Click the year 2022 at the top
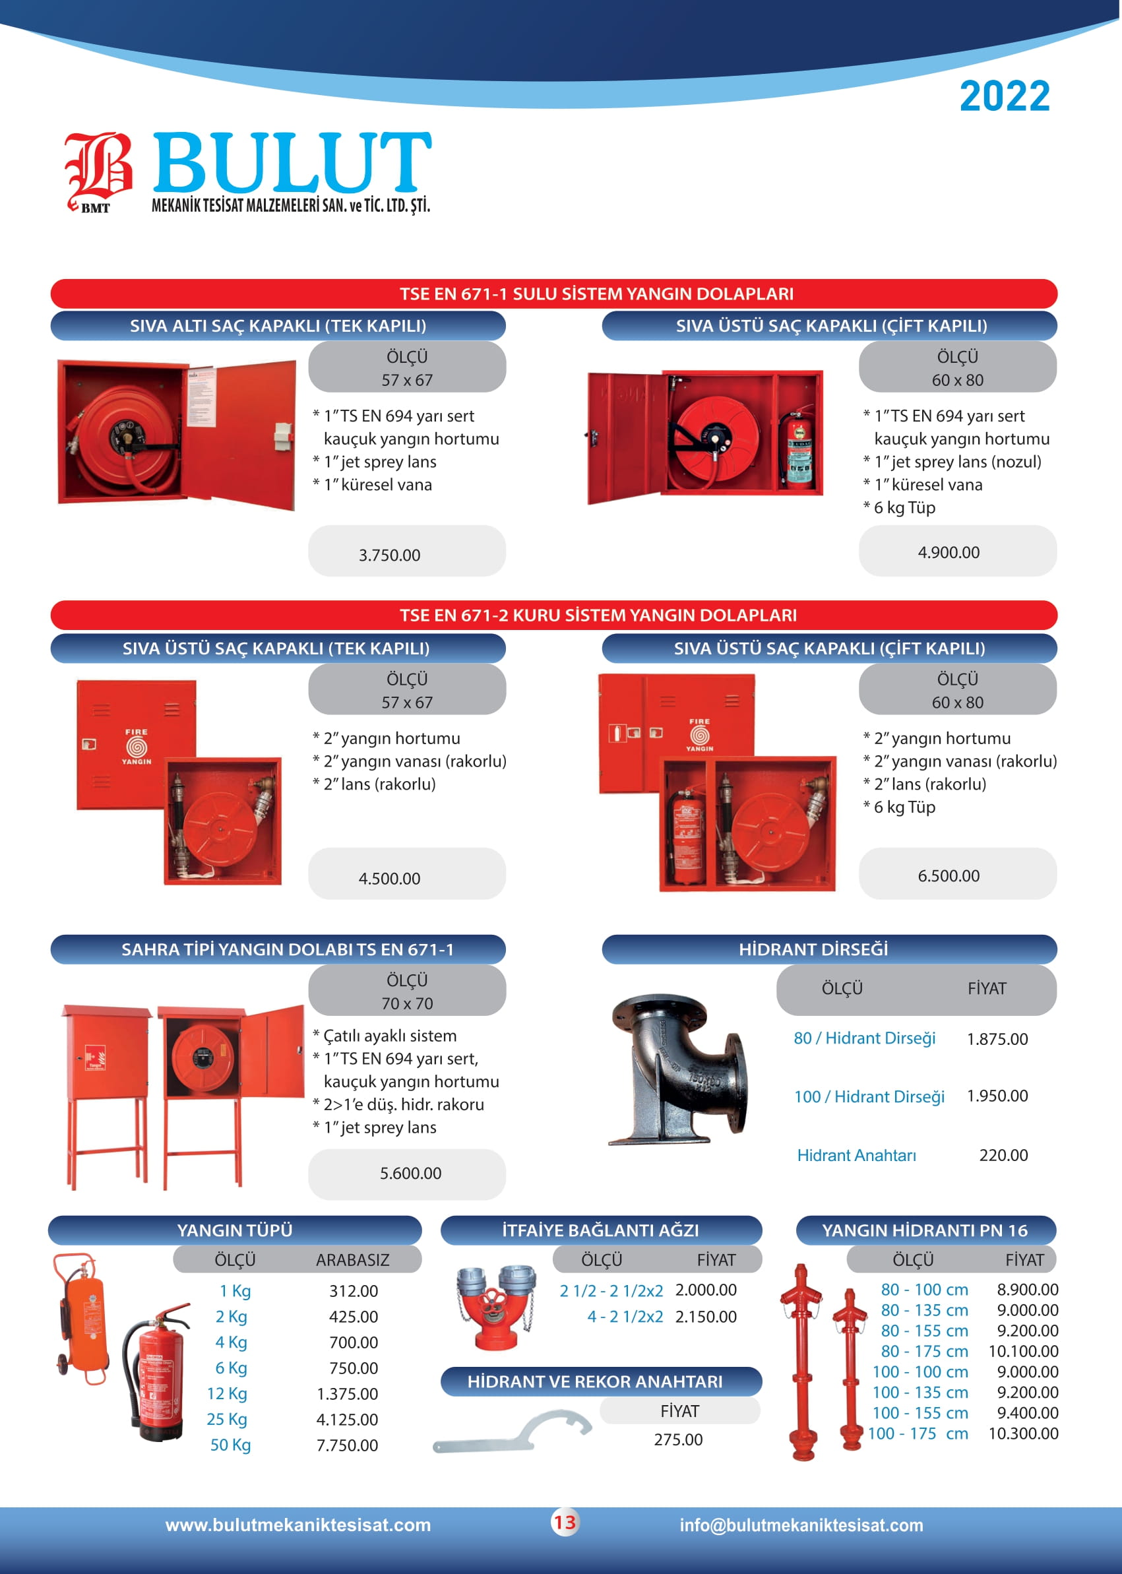1005,96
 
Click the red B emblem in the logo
98,170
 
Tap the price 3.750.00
389,555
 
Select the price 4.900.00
949,552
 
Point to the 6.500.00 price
949,875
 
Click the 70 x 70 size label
407,1003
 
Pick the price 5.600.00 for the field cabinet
410,1172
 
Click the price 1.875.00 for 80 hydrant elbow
997,1038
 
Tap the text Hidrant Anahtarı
857,1155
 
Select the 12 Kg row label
227,1394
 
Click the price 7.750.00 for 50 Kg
347,1445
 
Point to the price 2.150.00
705,1316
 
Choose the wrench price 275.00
679,1439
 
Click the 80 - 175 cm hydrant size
924,1351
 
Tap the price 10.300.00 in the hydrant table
1023,1433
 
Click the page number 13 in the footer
565,1522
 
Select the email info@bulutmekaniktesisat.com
801,1525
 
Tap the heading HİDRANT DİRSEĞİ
814,949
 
